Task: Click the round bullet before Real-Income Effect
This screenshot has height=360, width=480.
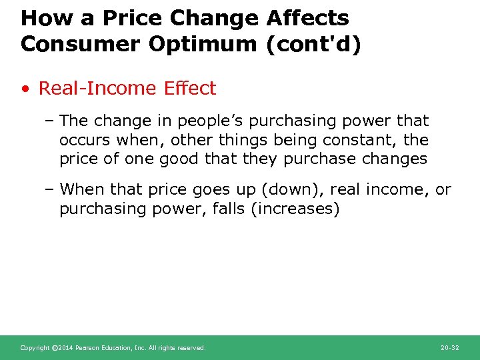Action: click(x=26, y=89)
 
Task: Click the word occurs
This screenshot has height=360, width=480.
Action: click(x=85, y=140)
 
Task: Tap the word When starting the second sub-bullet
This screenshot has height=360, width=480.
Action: click(x=83, y=189)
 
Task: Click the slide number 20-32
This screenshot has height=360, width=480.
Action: click(x=450, y=348)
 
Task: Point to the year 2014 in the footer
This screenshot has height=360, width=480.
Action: click(x=65, y=348)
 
